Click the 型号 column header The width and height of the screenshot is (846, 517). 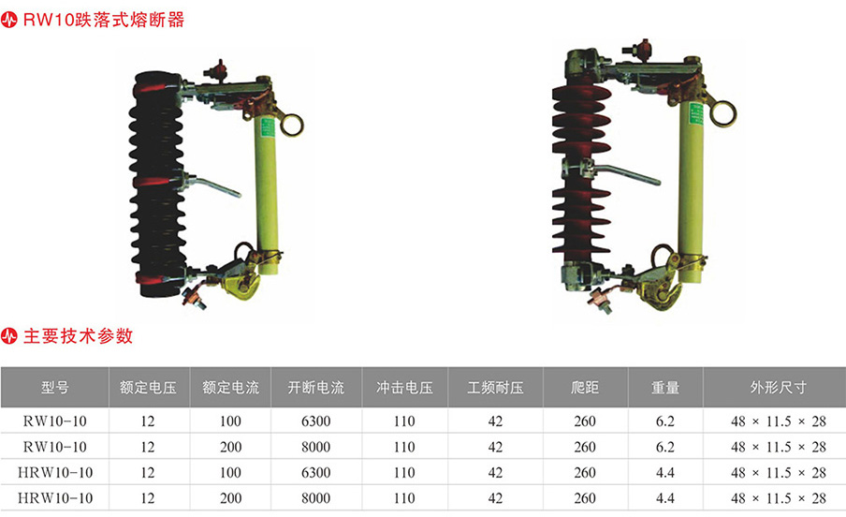point(54,388)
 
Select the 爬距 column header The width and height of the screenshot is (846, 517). point(585,388)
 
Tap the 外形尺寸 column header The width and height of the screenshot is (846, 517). point(778,388)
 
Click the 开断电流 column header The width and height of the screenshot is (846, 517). point(315,388)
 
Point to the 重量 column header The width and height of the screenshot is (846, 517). point(664,388)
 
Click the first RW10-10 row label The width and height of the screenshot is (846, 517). point(54,421)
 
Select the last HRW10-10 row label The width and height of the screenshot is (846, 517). point(54,498)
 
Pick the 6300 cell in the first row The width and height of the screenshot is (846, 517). point(315,421)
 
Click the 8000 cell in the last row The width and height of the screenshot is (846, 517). point(315,498)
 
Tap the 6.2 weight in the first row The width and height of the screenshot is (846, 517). point(664,421)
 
